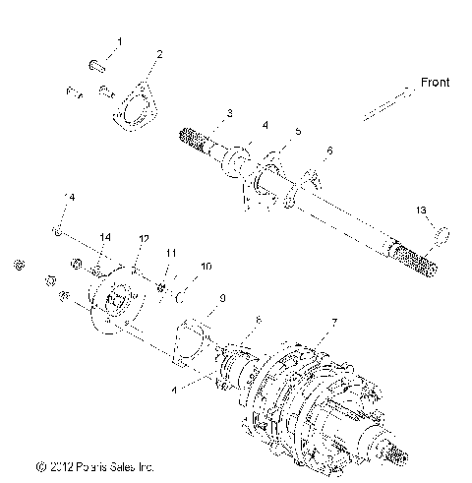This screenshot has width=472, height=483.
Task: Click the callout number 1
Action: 120,41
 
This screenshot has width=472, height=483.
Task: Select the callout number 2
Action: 160,54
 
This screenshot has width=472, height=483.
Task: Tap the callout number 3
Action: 229,115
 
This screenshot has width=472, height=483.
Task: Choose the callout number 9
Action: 221,297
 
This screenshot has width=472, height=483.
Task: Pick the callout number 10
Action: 205,267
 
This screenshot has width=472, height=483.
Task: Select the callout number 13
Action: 420,237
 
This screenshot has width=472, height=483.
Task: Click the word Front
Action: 435,84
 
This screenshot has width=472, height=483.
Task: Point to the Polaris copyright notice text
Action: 95,466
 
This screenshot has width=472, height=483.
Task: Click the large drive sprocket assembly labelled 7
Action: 315,398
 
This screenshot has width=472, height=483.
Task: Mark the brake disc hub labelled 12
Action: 117,304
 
